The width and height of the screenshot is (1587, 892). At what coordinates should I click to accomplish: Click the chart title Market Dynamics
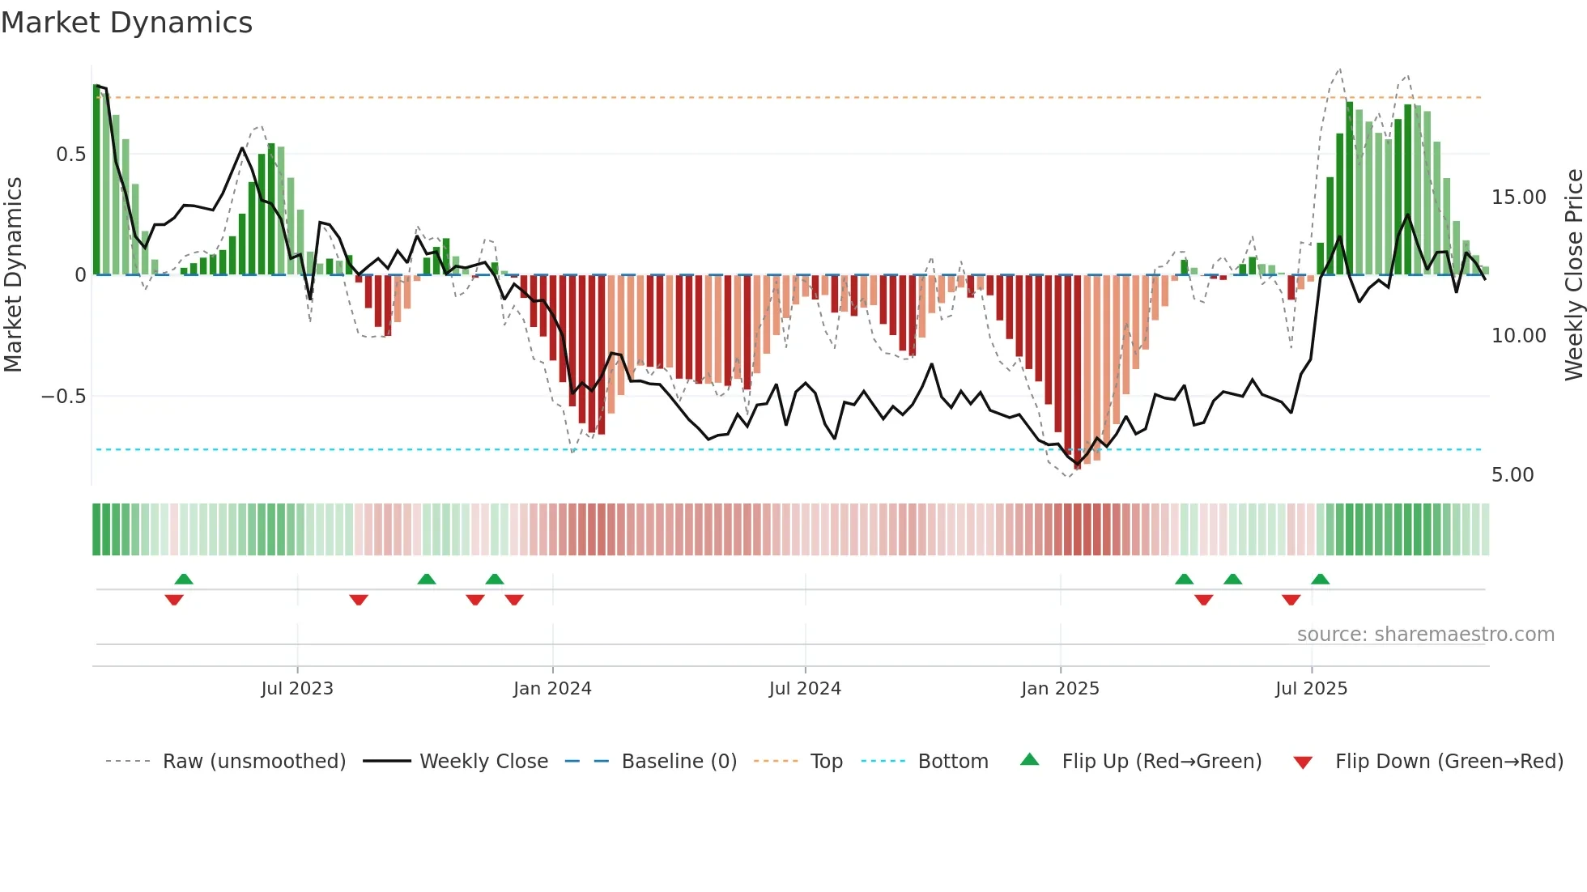[x=126, y=23]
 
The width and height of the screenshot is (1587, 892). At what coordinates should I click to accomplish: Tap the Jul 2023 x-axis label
[x=297, y=688]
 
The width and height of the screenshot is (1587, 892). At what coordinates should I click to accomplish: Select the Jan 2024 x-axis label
[x=552, y=688]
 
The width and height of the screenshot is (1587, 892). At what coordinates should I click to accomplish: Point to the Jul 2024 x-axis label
[x=805, y=688]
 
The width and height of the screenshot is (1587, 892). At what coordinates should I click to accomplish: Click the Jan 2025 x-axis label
[x=1060, y=688]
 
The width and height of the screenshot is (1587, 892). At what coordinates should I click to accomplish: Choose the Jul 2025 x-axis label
[x=1311, y=688]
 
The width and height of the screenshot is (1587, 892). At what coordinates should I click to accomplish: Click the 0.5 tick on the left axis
[x=70, y=154]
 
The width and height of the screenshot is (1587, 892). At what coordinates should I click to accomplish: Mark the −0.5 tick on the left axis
[x=63, y=397]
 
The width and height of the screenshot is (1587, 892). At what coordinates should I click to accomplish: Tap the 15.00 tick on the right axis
[x=1518, y=198]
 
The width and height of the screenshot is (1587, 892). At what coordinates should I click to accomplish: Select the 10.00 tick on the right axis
[x=1518, y=336]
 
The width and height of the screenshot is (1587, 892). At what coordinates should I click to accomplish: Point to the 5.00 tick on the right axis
[x=1513, y=475]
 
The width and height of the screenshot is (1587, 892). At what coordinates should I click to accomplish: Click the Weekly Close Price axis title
[x=1573, y=275]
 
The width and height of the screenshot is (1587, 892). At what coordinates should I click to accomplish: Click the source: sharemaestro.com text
[x=1425, y=635]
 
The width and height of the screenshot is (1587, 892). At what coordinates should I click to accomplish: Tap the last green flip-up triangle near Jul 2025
[x=1320, y=579]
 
